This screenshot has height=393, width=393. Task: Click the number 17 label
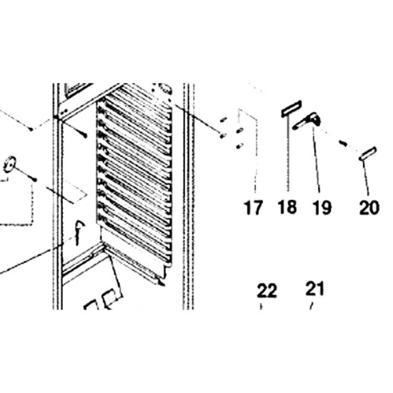point(253,207)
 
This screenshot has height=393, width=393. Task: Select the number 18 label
point(287,207)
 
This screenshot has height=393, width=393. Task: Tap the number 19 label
point(322,207)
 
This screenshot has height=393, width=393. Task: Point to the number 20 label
point(369,207)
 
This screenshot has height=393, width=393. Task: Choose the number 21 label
point(315,289)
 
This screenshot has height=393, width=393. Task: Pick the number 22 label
point(267,291)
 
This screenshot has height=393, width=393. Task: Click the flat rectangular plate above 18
point(291,109)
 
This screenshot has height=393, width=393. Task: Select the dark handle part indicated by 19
point(307,121)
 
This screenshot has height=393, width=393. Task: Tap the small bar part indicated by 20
point(368,154)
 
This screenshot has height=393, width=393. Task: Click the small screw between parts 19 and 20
point(343,143)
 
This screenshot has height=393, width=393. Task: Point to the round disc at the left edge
point(9,164)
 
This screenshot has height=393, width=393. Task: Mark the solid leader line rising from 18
point(288,154)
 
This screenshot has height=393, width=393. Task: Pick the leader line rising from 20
point(366,177)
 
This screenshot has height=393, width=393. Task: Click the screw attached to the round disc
point(25,174)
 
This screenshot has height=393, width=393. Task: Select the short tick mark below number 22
point(261,307)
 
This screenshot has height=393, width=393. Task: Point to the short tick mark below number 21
point(312,306)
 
